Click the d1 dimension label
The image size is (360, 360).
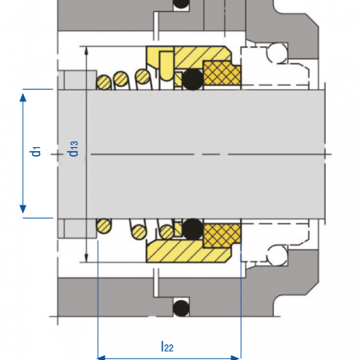tap(35, 151)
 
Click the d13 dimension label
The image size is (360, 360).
tap(73, 149)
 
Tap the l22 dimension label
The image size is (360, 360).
tap(167, 346)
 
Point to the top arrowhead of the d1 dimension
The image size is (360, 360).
tap(23, 98)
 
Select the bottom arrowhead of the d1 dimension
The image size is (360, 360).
tap(23, 209)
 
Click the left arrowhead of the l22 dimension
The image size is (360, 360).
tap(102, 358)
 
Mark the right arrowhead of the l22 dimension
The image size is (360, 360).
tap(236, 358)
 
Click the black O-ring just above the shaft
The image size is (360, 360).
tap(193, 79)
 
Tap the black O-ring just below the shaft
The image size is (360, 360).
tap(193, 229)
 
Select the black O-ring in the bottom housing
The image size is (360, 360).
tap(182, 308)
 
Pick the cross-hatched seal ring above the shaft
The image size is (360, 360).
tap(222, 73)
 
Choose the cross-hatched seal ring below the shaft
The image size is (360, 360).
tap(222, 235)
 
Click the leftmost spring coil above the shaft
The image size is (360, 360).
tap(104, 82)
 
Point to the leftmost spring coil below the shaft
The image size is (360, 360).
tap(104, 226)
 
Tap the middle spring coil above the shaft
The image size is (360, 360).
tap(121, 78)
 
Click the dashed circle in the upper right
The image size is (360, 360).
tap(278, 53)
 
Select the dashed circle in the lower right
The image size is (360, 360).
tap(278, 255)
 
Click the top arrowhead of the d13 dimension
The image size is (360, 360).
tap(86, 50)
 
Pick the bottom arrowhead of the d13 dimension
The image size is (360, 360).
tap(86, 258)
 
